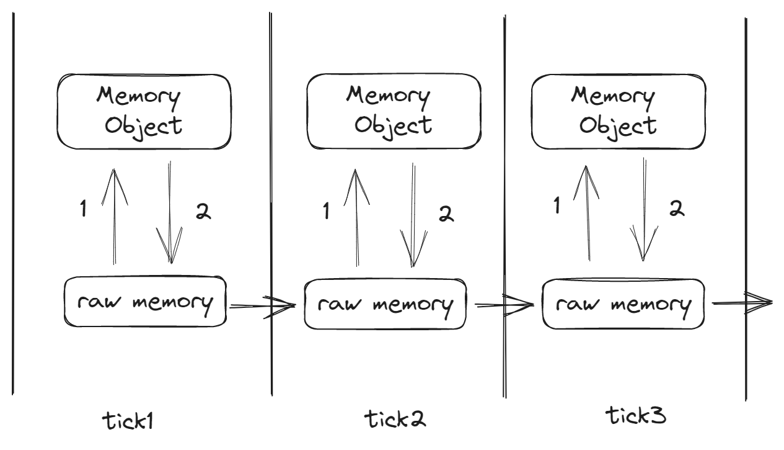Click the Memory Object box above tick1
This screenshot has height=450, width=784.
pyautogui.click(x=144, y=112)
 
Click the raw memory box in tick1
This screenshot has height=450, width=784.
pyautogui.click(x=145, y=303)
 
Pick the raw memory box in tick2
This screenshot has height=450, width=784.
pyautogui.click(x=385, y=305)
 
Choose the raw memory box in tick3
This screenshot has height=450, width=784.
pyautogui.click(x=623, y=304)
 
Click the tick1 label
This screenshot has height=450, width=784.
pyautogui.click(x=128, y=421)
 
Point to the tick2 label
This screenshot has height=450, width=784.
pyautogui.click(x=395, y=420)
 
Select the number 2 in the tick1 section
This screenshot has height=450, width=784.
pyautogui.click(x=203, y=212)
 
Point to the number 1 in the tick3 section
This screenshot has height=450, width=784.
pyautogui.click(x=557, y=207)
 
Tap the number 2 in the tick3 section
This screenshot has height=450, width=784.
pyautogui.click(x=677, y=209)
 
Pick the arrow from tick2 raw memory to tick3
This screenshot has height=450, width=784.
pyautogui.click(x=502, y=305)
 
